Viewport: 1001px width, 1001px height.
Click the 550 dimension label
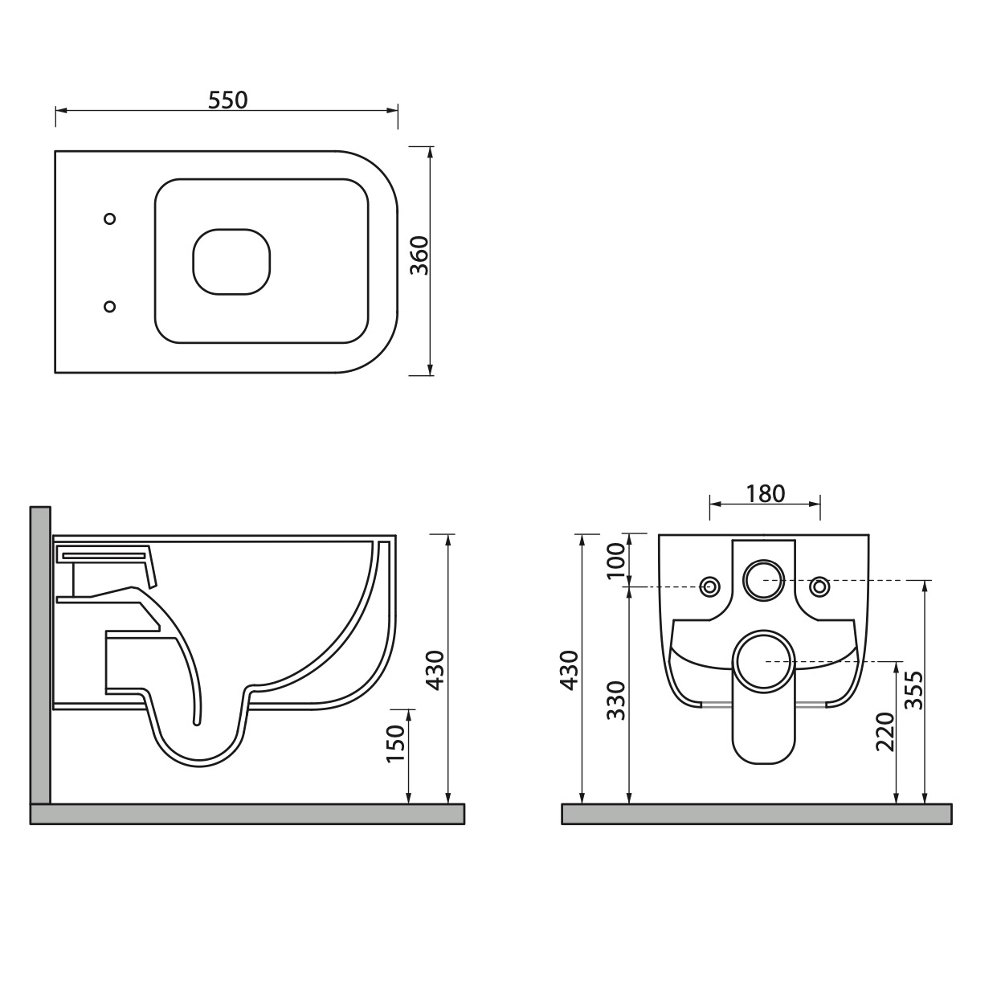227,100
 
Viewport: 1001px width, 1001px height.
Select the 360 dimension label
419,255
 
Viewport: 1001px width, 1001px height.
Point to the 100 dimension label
616,561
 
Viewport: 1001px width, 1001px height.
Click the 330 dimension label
616,700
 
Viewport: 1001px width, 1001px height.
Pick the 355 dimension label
913,690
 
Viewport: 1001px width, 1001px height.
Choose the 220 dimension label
885,732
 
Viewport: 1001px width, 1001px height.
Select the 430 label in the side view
435,670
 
